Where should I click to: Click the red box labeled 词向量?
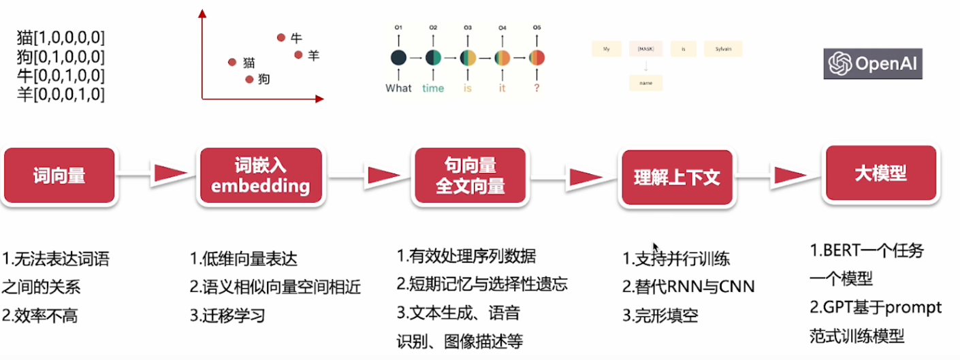(59, 176)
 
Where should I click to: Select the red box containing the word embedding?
(261, 176)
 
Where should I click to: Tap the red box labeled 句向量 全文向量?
(470, 176)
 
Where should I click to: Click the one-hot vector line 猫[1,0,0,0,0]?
(61, 37)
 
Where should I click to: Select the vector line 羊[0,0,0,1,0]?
(61, 94)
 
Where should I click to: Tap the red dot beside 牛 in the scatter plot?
(281, 37)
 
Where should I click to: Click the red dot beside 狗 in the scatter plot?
(249, 80)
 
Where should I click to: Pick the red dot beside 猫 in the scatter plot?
(232, 63)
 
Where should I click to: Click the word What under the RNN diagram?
(398, 88)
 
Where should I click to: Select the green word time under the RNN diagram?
(433, 88)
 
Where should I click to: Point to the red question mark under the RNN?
(537, 88)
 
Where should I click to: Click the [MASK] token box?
(645, 49)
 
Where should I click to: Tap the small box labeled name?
(645, 83)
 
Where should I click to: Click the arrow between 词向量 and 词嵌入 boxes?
(162, 174)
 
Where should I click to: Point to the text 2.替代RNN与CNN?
(688, 287)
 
